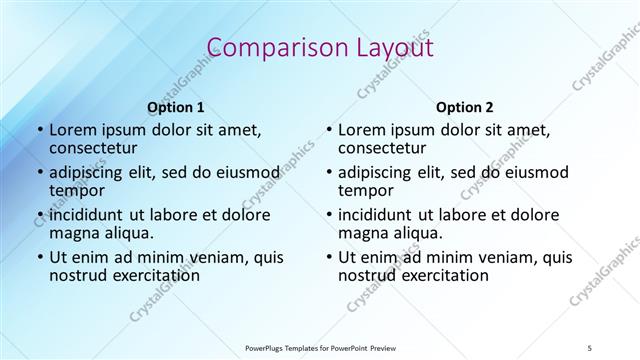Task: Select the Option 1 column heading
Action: tap(175, 106)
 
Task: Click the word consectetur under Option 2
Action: tap(382, 149)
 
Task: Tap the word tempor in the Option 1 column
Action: tap(74, 191)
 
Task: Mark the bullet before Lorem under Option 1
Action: tap(39, 131)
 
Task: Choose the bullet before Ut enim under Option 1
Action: tap(39, 257)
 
